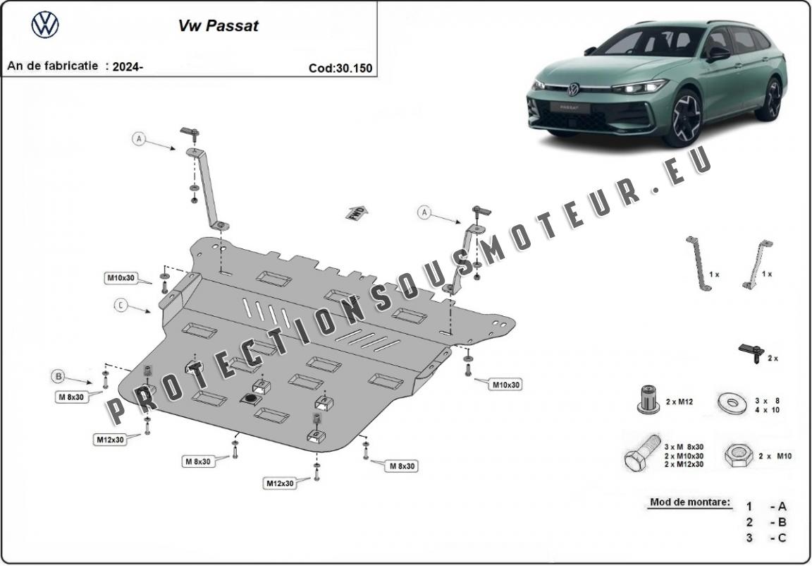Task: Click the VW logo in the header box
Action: pos(45,25)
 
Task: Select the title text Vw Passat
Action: pos(217,26)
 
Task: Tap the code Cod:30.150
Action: pos(340,68)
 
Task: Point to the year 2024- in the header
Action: pos(128,66)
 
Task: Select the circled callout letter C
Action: pos(121,305)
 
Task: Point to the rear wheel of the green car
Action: pos(773,100)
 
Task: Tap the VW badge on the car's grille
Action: pos(573,90)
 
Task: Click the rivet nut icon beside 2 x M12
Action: pos(648,401)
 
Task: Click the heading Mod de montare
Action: pos(689,503)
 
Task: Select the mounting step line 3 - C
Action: pos(766,538)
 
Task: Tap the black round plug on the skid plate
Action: pos(250,399)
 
